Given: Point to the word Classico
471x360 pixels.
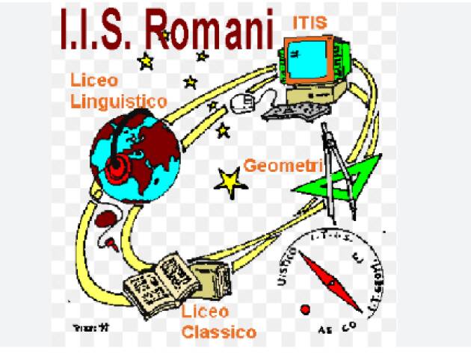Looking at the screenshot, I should click(x=220, y=332).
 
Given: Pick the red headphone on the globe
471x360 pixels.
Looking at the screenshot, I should click(x=118, y=170).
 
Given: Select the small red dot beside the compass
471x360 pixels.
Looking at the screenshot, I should click(x=304, y=308).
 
